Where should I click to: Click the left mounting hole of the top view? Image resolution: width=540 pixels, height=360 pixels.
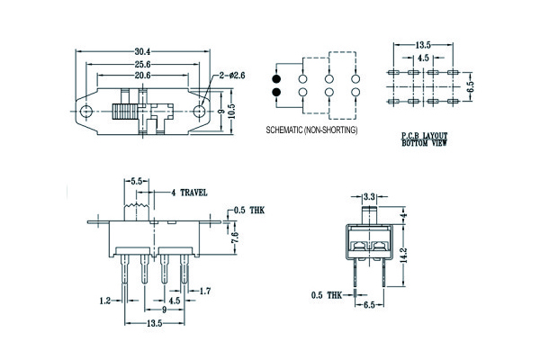[x=85, y=112]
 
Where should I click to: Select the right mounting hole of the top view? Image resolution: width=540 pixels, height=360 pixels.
[x=202, y=112]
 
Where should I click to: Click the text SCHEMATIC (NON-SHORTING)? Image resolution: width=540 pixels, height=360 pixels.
[x=311, y=130]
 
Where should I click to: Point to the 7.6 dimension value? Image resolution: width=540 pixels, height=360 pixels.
[x=232, y=240]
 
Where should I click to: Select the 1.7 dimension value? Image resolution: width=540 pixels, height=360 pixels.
[x=204, y=290]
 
